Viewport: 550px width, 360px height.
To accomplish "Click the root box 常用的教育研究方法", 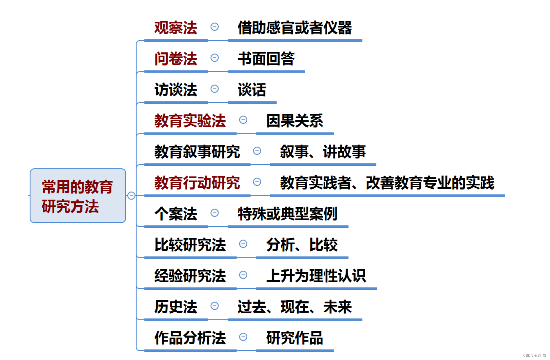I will point(78,196).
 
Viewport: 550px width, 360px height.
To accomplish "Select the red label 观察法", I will point(176,28).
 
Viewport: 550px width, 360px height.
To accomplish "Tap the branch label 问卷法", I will point(176,59).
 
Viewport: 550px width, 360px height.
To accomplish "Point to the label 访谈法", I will point(176,90).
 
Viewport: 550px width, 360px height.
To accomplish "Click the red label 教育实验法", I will point(190,121).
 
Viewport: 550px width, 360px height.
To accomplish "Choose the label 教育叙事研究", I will point(197,152).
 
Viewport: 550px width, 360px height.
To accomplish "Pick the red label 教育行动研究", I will point(197,183).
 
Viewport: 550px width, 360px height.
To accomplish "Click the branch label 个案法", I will point(176,214).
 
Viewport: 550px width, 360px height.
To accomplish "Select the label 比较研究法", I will point(190,245).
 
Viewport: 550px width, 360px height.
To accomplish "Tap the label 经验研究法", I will point(190,276).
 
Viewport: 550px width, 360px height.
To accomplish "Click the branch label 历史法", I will point(176,307).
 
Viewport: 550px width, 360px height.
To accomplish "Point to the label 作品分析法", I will point(190,338).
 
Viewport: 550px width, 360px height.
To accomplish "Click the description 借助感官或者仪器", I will point(294,28).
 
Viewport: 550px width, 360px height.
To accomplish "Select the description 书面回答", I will point(266,59).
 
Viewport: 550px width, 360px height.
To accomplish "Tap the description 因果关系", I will point(294,121).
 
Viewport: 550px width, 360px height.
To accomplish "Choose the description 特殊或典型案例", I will point(287,214).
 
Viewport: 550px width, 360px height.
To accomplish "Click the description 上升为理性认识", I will point(316,276).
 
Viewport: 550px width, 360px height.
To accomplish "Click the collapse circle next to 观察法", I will point(215,27).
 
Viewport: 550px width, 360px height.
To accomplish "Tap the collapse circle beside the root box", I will point(131,195).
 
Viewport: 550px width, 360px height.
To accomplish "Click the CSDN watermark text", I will point(534,356).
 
